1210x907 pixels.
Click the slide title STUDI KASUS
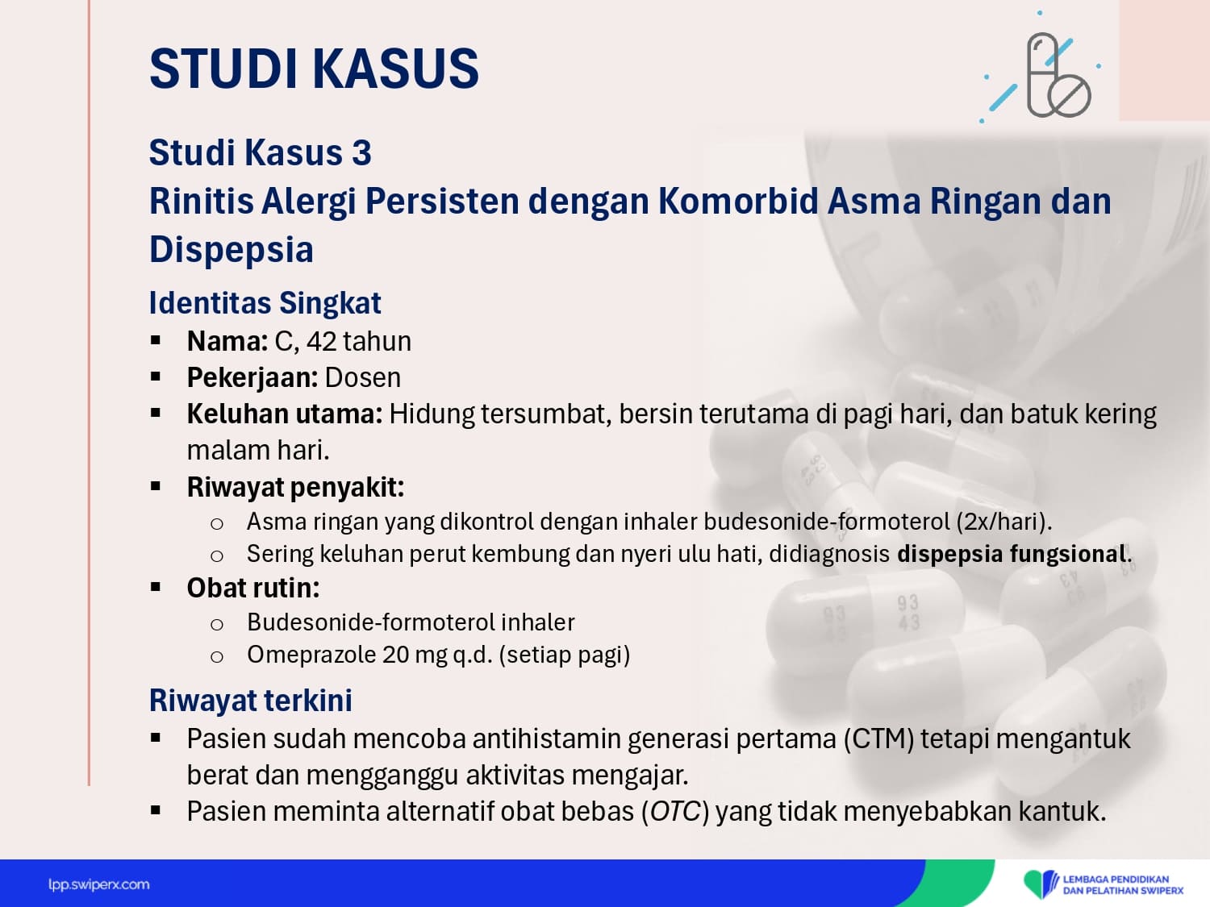click(x=314, y=69)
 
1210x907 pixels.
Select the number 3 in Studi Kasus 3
click(x=361, y=152)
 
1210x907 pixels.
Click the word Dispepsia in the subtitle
click(x=231, y=249)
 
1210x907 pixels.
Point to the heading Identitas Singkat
click(x=265, y=302)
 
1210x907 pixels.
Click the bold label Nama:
click(x=227, y=341)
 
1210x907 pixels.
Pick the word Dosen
click(x=363, y=378)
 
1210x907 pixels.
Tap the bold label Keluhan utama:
click(x=285, y=414)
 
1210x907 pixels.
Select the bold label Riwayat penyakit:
click(x=295, y=487)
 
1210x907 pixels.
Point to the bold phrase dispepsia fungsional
click(x=1011, y=554)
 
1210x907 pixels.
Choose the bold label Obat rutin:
click(x=253, y=588)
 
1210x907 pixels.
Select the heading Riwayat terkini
click(x=250, y=700)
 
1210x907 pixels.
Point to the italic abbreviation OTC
click(x=674, y=812)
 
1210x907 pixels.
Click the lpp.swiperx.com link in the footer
click(x=98, y=884)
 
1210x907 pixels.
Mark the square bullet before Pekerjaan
click(x=156, y=377)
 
